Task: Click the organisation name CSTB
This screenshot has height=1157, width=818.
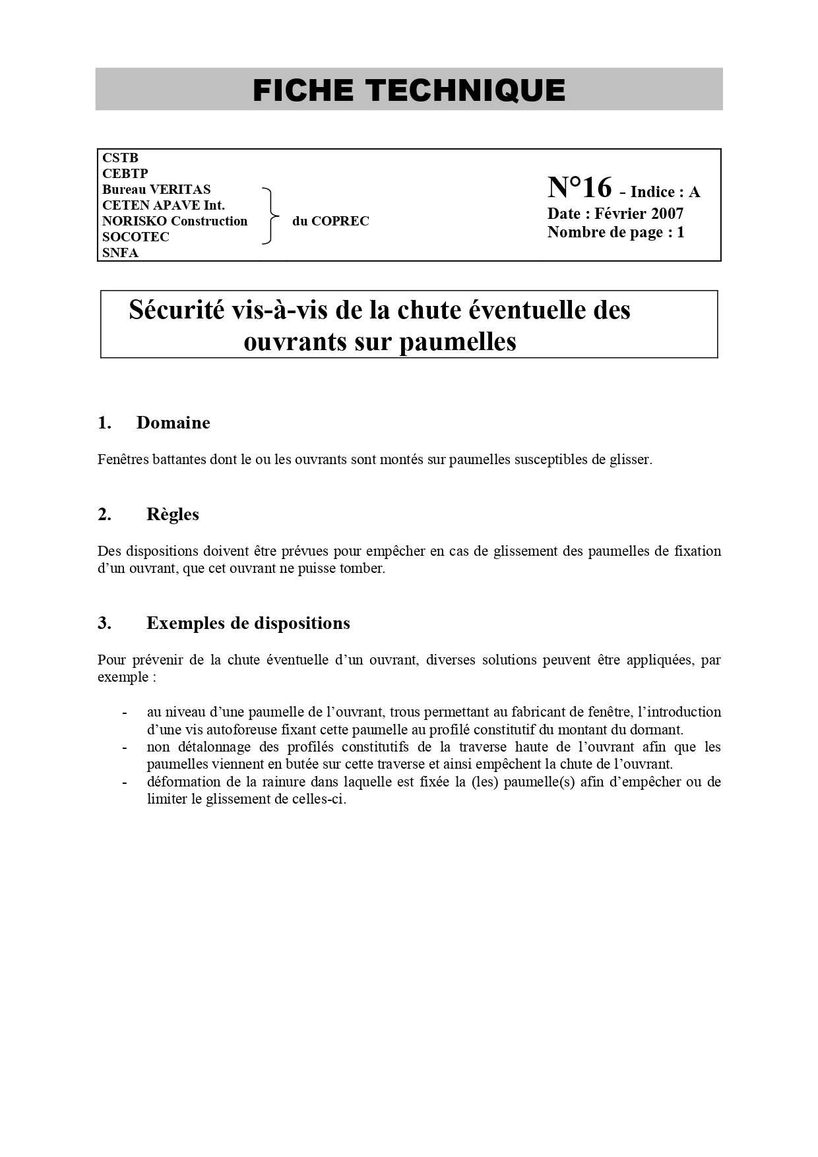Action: pyautogui.click(x=120, y=158)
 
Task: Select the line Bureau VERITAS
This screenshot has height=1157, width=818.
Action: pyautogui.click(x=156, y=189)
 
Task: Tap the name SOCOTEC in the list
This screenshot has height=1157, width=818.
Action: pyautogui.click(x=136, y=237)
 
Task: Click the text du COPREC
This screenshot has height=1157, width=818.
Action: pyautogui.click(x=330, y=222)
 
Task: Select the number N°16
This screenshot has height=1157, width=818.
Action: pyautogui.click(x=579, y=188)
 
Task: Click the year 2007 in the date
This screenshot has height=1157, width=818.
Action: pyautogui.click(x=667, y=214)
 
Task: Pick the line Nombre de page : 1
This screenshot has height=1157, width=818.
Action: pyautogui.click(x=615, y=232)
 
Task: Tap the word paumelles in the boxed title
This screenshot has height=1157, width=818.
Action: pyautogui.click(x=458, y=341)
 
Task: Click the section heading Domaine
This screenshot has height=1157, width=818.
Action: pyautogui.click(x=173, y=423)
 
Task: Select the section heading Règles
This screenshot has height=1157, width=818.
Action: pyautogui.click(x=172, y=514)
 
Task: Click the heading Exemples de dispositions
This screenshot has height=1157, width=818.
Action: pyautogui.click(x=248, y=623)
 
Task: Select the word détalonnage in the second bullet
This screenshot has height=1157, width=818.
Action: pyautogui.click(x=214, y=747)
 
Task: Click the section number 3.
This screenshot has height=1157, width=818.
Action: pyautogui.click(x=104, y=623)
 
